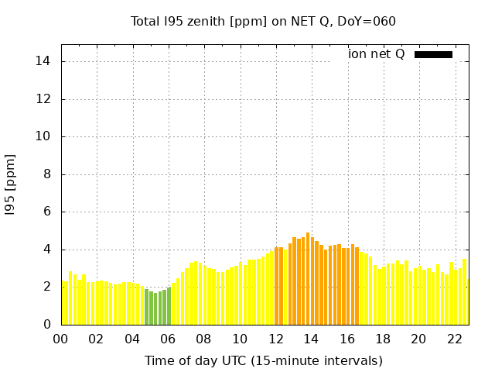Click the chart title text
tap(263, 21)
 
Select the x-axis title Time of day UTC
tap(263, 360)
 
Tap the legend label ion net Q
tap(376, 54)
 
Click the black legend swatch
tap(433, 54)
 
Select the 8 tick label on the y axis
tap(47, 174)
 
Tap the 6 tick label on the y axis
tap(47, 212)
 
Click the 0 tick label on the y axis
tap(47, 325)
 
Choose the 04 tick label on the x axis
tap(132, 339)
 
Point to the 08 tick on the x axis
tap(203, 339)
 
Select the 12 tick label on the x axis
tap(275, 339)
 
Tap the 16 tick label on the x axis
tap(346, 339)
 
